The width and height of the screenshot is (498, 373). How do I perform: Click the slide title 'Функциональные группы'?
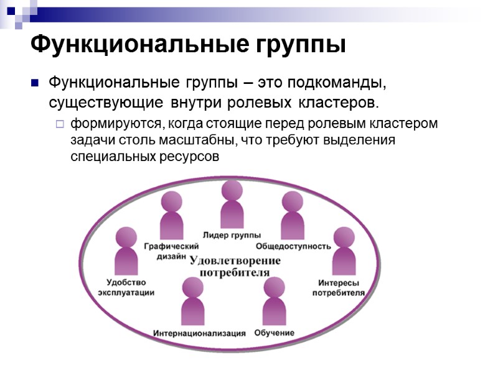(x=187, y=45)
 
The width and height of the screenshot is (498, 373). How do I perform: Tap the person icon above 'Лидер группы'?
(x=232, y=205)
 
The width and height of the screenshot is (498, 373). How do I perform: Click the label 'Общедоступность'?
(x=293, y=246)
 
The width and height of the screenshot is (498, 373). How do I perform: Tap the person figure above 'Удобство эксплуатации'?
(x=126, y=250)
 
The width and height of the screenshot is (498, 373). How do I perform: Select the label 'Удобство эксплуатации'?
(x=126, y=287)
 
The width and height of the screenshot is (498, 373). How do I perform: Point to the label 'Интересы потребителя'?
(x=338, y=287)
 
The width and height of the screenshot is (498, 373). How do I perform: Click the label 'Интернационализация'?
(x=199, y=333)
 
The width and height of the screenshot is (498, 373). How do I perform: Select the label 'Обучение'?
(x=275, y=333)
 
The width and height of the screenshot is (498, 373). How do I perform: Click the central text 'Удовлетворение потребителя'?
(x=235, y=266)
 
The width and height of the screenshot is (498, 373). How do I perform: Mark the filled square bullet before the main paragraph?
(x=35, y=82)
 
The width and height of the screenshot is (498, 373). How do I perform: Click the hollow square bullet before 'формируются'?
(x=60, y=124)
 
